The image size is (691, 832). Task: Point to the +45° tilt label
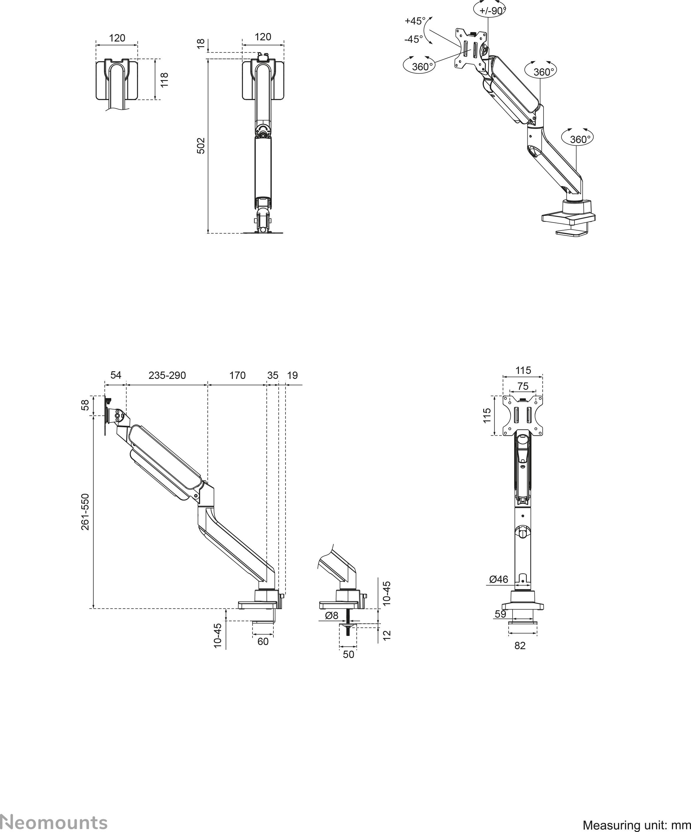tap(415, 21)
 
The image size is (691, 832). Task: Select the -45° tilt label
tap(413, 39)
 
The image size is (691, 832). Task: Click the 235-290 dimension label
tap(167, 375)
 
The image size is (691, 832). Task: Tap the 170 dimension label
tap(237, 375)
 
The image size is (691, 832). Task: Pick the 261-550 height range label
tap(85, 511)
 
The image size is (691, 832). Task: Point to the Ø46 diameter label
tap(499, 579)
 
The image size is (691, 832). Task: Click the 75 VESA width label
tap(523, 386)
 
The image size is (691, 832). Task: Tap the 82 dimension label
tap(520, 646)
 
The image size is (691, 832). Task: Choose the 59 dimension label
tap(501, 614)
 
